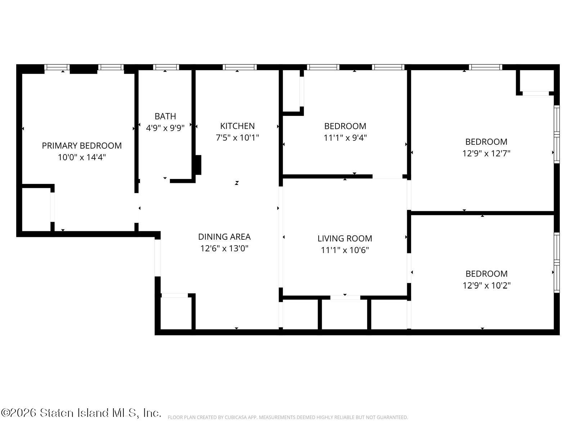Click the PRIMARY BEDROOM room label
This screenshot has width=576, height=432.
(82, 145)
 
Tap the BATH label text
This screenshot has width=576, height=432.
(165, 116)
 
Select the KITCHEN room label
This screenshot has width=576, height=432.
(237, 126)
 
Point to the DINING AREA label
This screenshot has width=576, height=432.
(224, 237)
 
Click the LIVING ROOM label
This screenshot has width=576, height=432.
(345, 238)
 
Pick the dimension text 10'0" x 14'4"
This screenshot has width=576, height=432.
(82, 157)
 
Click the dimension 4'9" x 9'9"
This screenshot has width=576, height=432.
(165, 128)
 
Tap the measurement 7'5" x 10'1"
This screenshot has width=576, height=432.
(237, 138)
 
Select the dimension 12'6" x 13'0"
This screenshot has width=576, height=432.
(224, 248)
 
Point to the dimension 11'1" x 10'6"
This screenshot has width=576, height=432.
(345, 250)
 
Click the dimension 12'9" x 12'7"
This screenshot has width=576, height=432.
(486, 153)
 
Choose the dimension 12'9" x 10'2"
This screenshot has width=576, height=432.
(486, 285)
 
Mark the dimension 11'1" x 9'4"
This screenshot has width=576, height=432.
(345, 138)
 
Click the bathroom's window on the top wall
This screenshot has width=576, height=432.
(166, 67)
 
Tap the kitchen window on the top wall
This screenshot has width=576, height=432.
(240, 67)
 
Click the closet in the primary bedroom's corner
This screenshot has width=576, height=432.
(36, 210)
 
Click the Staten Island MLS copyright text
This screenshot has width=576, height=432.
(81, 413)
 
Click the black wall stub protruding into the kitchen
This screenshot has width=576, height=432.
(198, 165)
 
